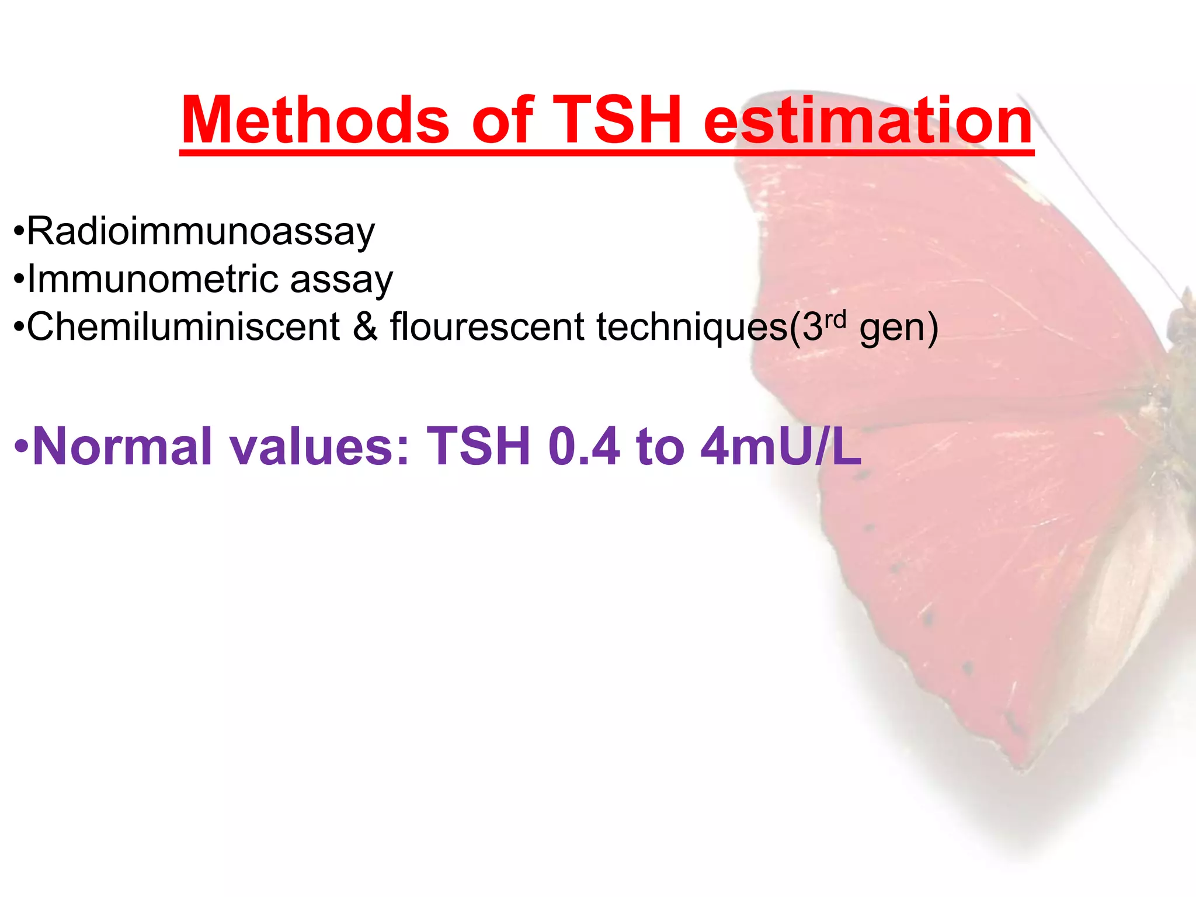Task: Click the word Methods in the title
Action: (x=315, y=121)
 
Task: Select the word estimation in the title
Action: (x=868, y=121)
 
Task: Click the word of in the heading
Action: (x=502, y=121)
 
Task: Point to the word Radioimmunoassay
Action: (x=201, y=232)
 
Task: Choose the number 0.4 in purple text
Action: (x=583, y=447)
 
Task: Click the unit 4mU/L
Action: (x=781, y=447)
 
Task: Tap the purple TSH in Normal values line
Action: (x=478, y=447)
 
